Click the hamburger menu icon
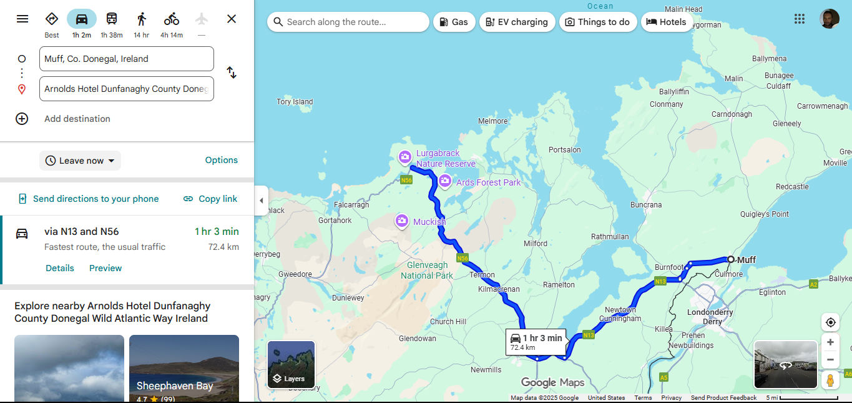coord(22,19)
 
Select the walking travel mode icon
coord(142,19)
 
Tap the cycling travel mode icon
coord(172,19)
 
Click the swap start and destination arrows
coord(232,72)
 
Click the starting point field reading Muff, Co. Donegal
coord(126,59)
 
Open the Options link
coord(222,160)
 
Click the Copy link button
coord(210,199)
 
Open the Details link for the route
coord(60,268)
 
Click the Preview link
coord(105,268)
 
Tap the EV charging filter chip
coord(517,22)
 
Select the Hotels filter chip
coord(666,22)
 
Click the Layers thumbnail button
coord(291,364)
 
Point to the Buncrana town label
coord(646,204)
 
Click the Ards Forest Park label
coord(488,182)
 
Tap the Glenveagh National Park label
coord(427,270)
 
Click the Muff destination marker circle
coord(731,259)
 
